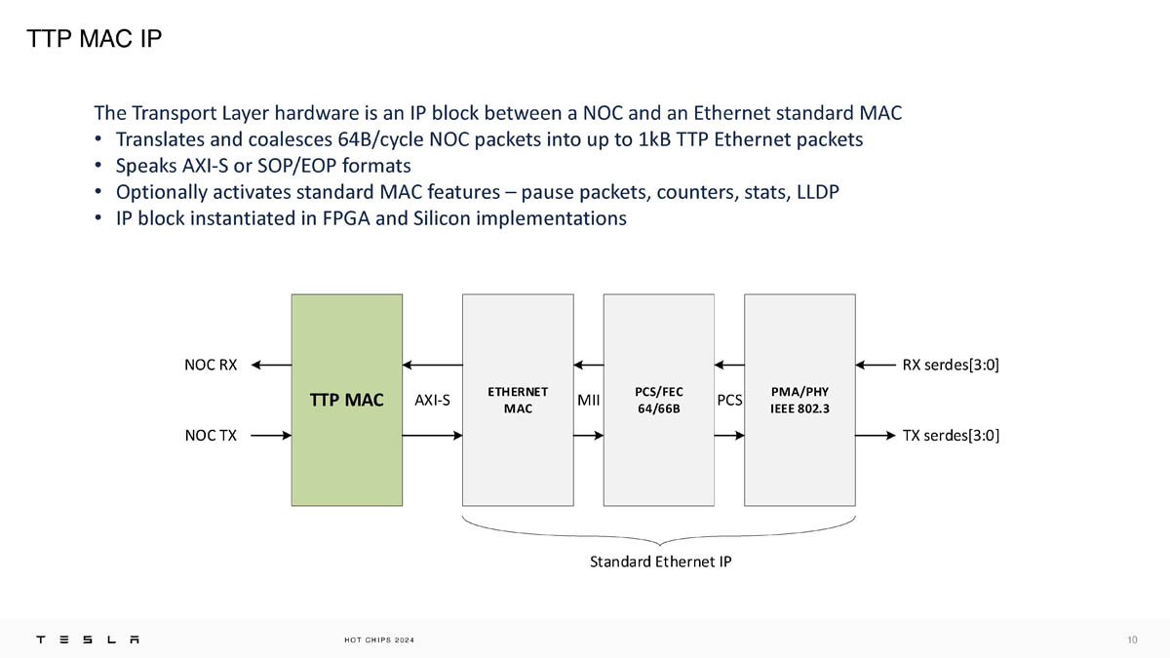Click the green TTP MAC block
tap(346, 400)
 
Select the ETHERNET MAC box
tap(518, 400)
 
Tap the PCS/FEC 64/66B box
tap(659, 400)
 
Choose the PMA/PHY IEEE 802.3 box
tap(799, 400)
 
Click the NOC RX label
tap(211, 366)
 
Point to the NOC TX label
tap(211, 435)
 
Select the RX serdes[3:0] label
tap(951, 366)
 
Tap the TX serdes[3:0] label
tap(951, 435)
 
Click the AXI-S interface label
tap(432, 400)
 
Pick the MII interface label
tap(588, 400)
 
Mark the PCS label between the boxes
tap(729, 400)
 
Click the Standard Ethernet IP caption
tap(660, 561)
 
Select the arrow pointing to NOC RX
tap(270, 366)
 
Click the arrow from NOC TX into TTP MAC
tap(270, 435)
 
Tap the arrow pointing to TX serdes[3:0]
tap(876, 435)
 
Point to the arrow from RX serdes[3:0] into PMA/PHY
tap(876, 366)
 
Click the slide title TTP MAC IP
tap(94, 39)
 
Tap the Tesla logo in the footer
tap(88, 639)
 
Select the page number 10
tap(1132, 639)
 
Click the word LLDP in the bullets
tap(817, 191)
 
